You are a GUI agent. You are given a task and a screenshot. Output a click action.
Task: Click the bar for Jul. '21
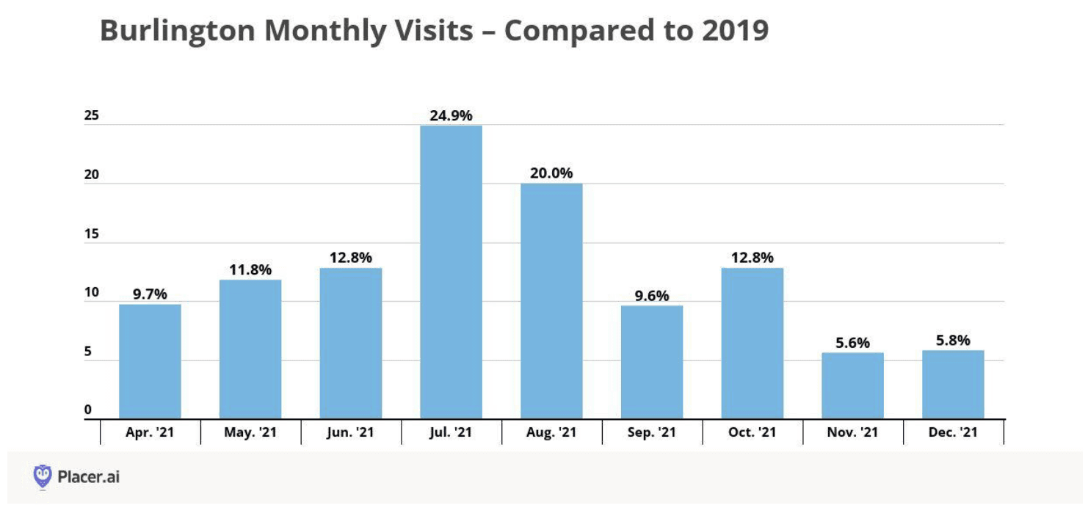451,272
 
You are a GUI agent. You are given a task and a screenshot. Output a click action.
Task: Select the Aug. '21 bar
551,301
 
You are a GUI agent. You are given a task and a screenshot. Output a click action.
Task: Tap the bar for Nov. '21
852,385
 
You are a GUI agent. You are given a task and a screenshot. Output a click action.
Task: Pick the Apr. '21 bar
150,361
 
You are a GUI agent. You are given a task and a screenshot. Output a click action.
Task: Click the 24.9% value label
451,115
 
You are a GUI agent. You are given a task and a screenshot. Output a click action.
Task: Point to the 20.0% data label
551,173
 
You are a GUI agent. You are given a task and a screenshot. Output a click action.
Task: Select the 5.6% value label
852,343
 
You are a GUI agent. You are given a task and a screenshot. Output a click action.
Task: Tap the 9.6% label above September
652,296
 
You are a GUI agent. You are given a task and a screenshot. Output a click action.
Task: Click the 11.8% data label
250,269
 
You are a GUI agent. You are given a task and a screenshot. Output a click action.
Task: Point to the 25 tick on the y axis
91,115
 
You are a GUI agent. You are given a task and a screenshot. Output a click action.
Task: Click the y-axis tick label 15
91,233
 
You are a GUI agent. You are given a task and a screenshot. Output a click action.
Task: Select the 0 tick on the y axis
88,410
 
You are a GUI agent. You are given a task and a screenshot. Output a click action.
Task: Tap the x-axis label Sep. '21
652,432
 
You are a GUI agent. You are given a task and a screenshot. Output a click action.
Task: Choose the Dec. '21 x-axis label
953,432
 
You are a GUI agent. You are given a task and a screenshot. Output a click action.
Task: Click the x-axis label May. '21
250,432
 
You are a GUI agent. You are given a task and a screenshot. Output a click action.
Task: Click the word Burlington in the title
178,31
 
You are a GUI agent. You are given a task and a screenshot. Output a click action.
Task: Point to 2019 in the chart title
736,30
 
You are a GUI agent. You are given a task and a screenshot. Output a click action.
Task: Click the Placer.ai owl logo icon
43,476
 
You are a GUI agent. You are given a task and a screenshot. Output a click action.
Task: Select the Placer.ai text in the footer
88,476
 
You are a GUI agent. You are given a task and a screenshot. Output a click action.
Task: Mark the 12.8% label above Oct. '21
752,258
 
